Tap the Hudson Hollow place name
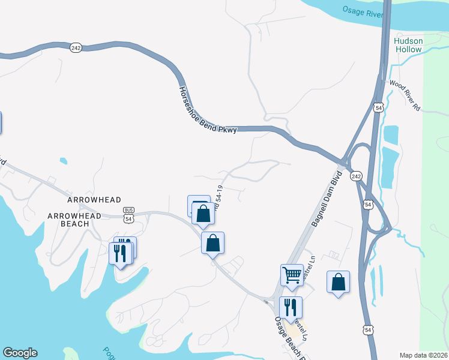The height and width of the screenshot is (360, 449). (408, 45)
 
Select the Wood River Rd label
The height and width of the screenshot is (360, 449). (406, 94)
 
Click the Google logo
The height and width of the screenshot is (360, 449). (20, 353)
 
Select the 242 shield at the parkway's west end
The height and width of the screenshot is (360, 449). (76, 48)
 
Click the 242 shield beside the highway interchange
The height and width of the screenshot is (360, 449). (357, 176)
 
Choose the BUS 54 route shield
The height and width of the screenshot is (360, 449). (128, 215)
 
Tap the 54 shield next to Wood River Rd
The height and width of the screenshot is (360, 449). (378, 107)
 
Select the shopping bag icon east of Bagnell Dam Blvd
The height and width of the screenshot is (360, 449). (338, 281)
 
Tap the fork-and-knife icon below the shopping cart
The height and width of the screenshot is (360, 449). (291, 307)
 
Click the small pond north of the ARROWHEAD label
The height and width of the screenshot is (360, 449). (63, 161)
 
